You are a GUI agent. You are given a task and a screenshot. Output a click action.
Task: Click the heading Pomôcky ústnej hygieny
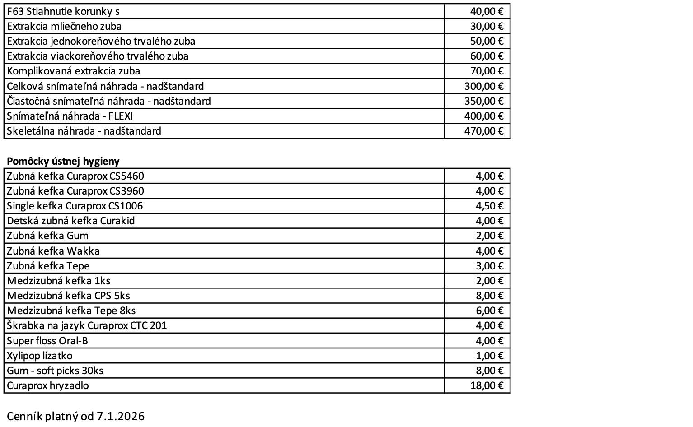point(63,161)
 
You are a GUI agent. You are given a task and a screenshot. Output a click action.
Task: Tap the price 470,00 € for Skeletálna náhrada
point(483,131)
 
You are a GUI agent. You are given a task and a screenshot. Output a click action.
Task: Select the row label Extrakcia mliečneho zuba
point(64,26)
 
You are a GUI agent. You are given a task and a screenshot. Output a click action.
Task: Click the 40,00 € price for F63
point(487,11)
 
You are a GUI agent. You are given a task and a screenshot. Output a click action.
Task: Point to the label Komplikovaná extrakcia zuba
point(74,71)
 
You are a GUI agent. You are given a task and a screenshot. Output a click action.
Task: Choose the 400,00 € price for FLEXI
point(483,116)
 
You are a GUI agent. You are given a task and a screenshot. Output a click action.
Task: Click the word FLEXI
point(121,116)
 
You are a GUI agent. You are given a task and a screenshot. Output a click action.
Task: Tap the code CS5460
point(127,176)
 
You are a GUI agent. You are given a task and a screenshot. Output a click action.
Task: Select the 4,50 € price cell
point(489,206)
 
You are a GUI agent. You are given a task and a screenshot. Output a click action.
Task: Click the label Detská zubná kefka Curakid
point(71,221)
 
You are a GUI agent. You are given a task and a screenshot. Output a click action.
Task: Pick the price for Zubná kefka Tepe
point(489,266)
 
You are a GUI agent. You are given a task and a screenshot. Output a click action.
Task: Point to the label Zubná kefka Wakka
point(53,251)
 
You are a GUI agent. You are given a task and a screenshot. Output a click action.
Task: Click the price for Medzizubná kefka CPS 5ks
point(489,296)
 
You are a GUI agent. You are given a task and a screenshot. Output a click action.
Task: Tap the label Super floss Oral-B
point(47,341)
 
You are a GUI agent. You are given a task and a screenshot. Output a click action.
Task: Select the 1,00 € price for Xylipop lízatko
point(489,356)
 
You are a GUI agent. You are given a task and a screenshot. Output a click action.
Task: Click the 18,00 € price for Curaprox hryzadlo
point(487,385)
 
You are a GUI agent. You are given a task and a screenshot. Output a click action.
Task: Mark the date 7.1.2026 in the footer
point(121,416)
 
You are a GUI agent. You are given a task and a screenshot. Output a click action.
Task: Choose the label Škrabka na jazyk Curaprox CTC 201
point(87,325)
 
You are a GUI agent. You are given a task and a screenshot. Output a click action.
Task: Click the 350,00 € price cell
point(483,101)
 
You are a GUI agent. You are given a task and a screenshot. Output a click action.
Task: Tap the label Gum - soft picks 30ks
point(55,371)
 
